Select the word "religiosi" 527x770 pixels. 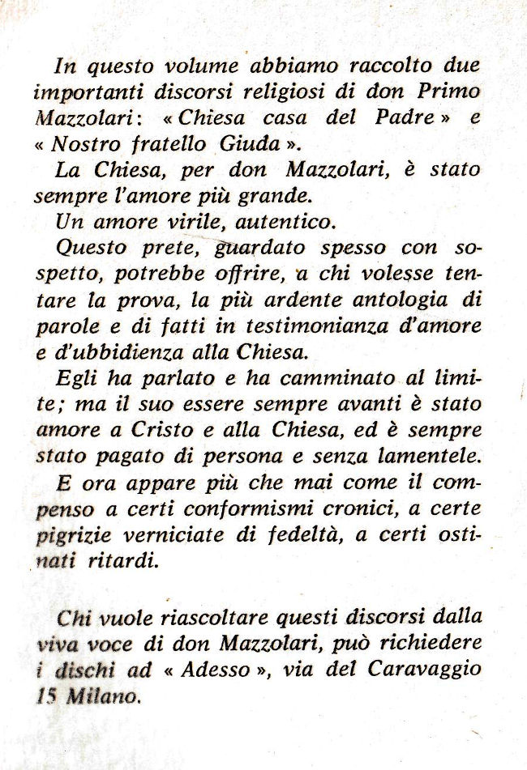[268, 92]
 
